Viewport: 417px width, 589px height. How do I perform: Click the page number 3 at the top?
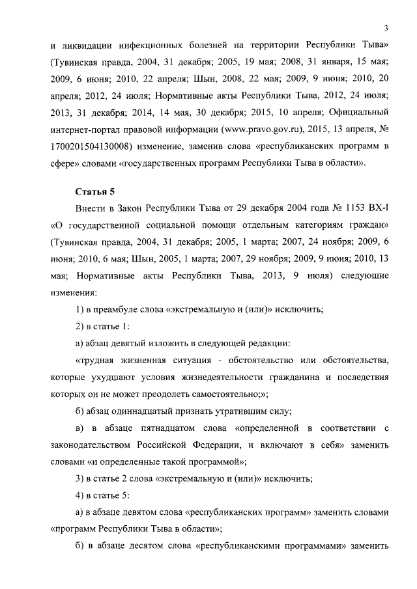tap(386, 27)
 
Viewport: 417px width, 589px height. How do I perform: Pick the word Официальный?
tap(360, 112)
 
